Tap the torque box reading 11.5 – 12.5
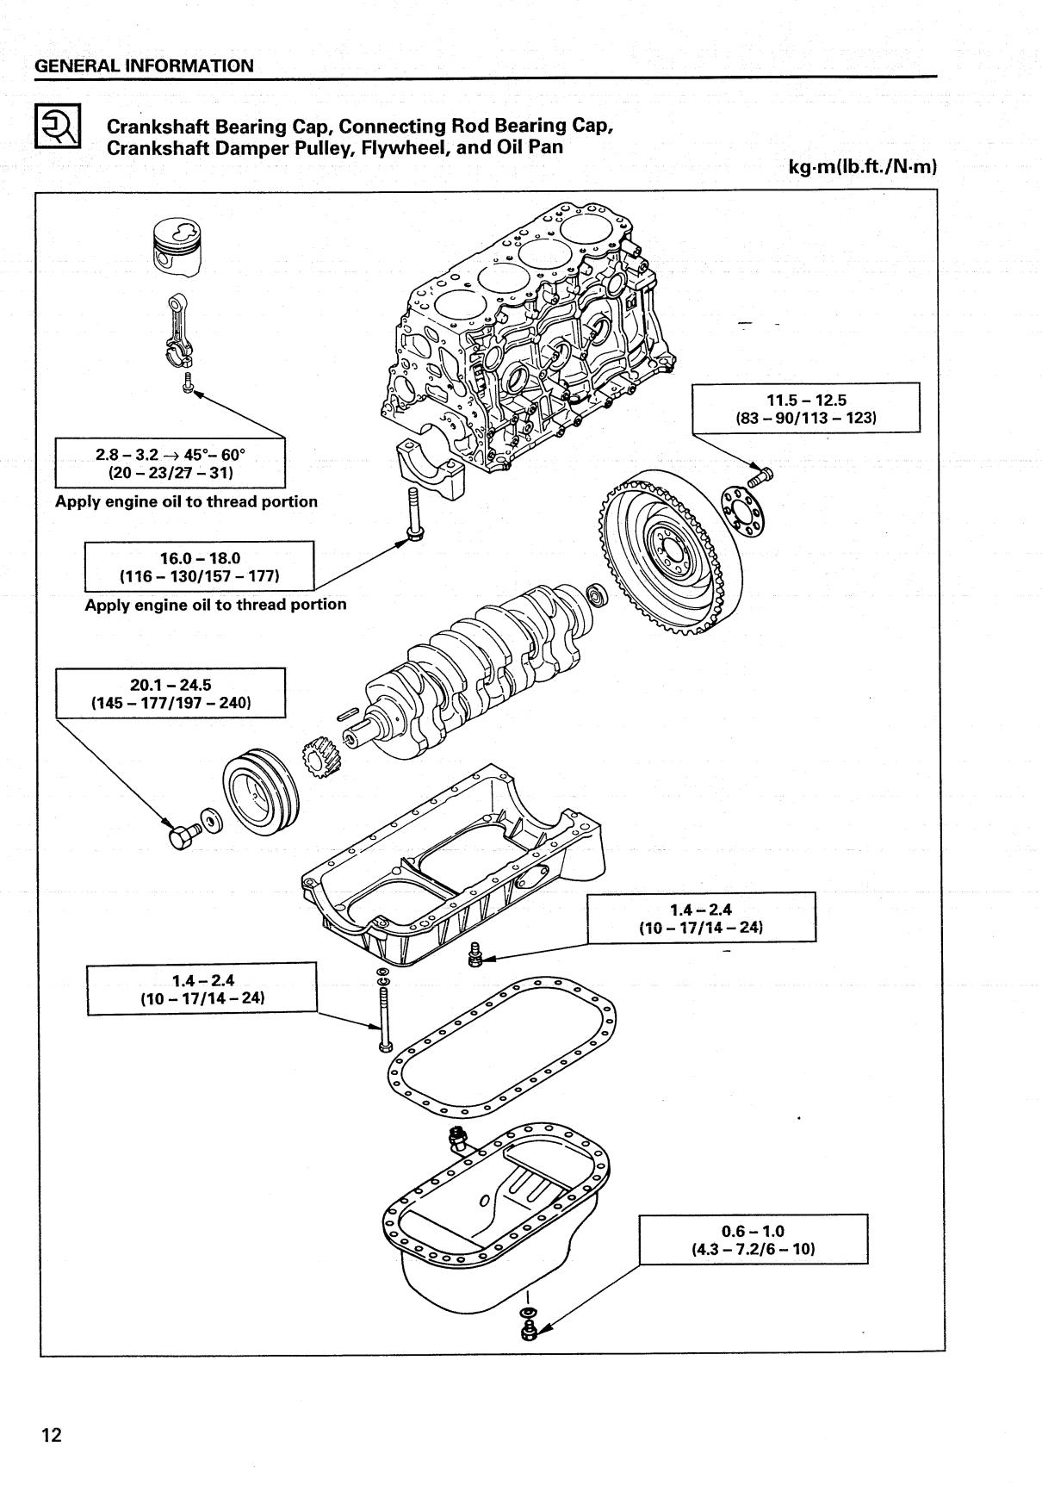point(806,408)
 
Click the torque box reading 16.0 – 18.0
point(199,566)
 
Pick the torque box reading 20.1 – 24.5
point(171,693)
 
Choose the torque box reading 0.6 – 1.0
point(753,1239)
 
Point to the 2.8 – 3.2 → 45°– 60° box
point(171,463)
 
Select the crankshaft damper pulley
point(261,792)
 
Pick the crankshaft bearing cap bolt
point(412,516)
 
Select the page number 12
point(52,1435)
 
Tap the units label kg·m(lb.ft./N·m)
point(861,167)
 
